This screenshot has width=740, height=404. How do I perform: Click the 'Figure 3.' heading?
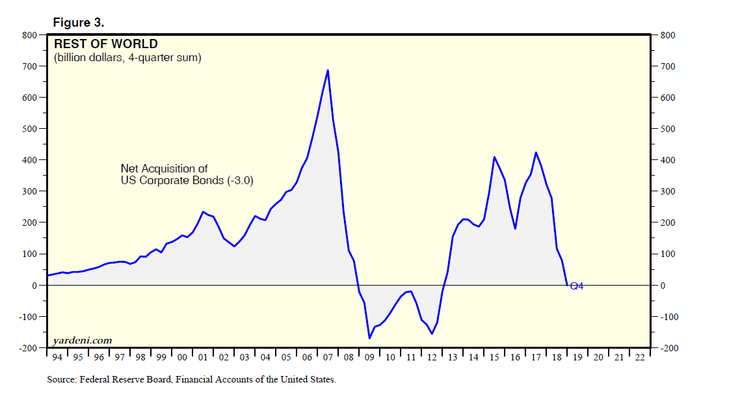tap(79, 23)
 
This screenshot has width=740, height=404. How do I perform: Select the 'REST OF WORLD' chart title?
tap(105, 44)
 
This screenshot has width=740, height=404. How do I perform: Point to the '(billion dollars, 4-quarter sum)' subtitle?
tap(127, 58)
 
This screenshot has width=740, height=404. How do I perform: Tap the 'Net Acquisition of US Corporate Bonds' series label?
tap(187, 175)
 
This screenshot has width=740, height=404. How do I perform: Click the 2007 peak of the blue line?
tap(328, 70)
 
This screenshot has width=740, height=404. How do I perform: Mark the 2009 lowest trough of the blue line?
tap(369, 338)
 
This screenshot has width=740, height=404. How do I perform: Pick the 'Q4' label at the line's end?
tap(576, 286)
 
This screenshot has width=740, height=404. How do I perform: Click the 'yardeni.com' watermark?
tap(83, 340)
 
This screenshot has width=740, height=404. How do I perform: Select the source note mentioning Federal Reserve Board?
tap(191, 379)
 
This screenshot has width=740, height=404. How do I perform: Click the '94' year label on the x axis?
tap(57, 358)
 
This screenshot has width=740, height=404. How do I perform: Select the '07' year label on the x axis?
tap(327, 358)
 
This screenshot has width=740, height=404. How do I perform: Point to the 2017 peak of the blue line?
tap(536, 152)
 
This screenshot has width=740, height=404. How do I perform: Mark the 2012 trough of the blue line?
tap(432, 334)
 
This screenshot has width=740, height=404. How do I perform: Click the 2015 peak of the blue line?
tap(494, 157)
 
